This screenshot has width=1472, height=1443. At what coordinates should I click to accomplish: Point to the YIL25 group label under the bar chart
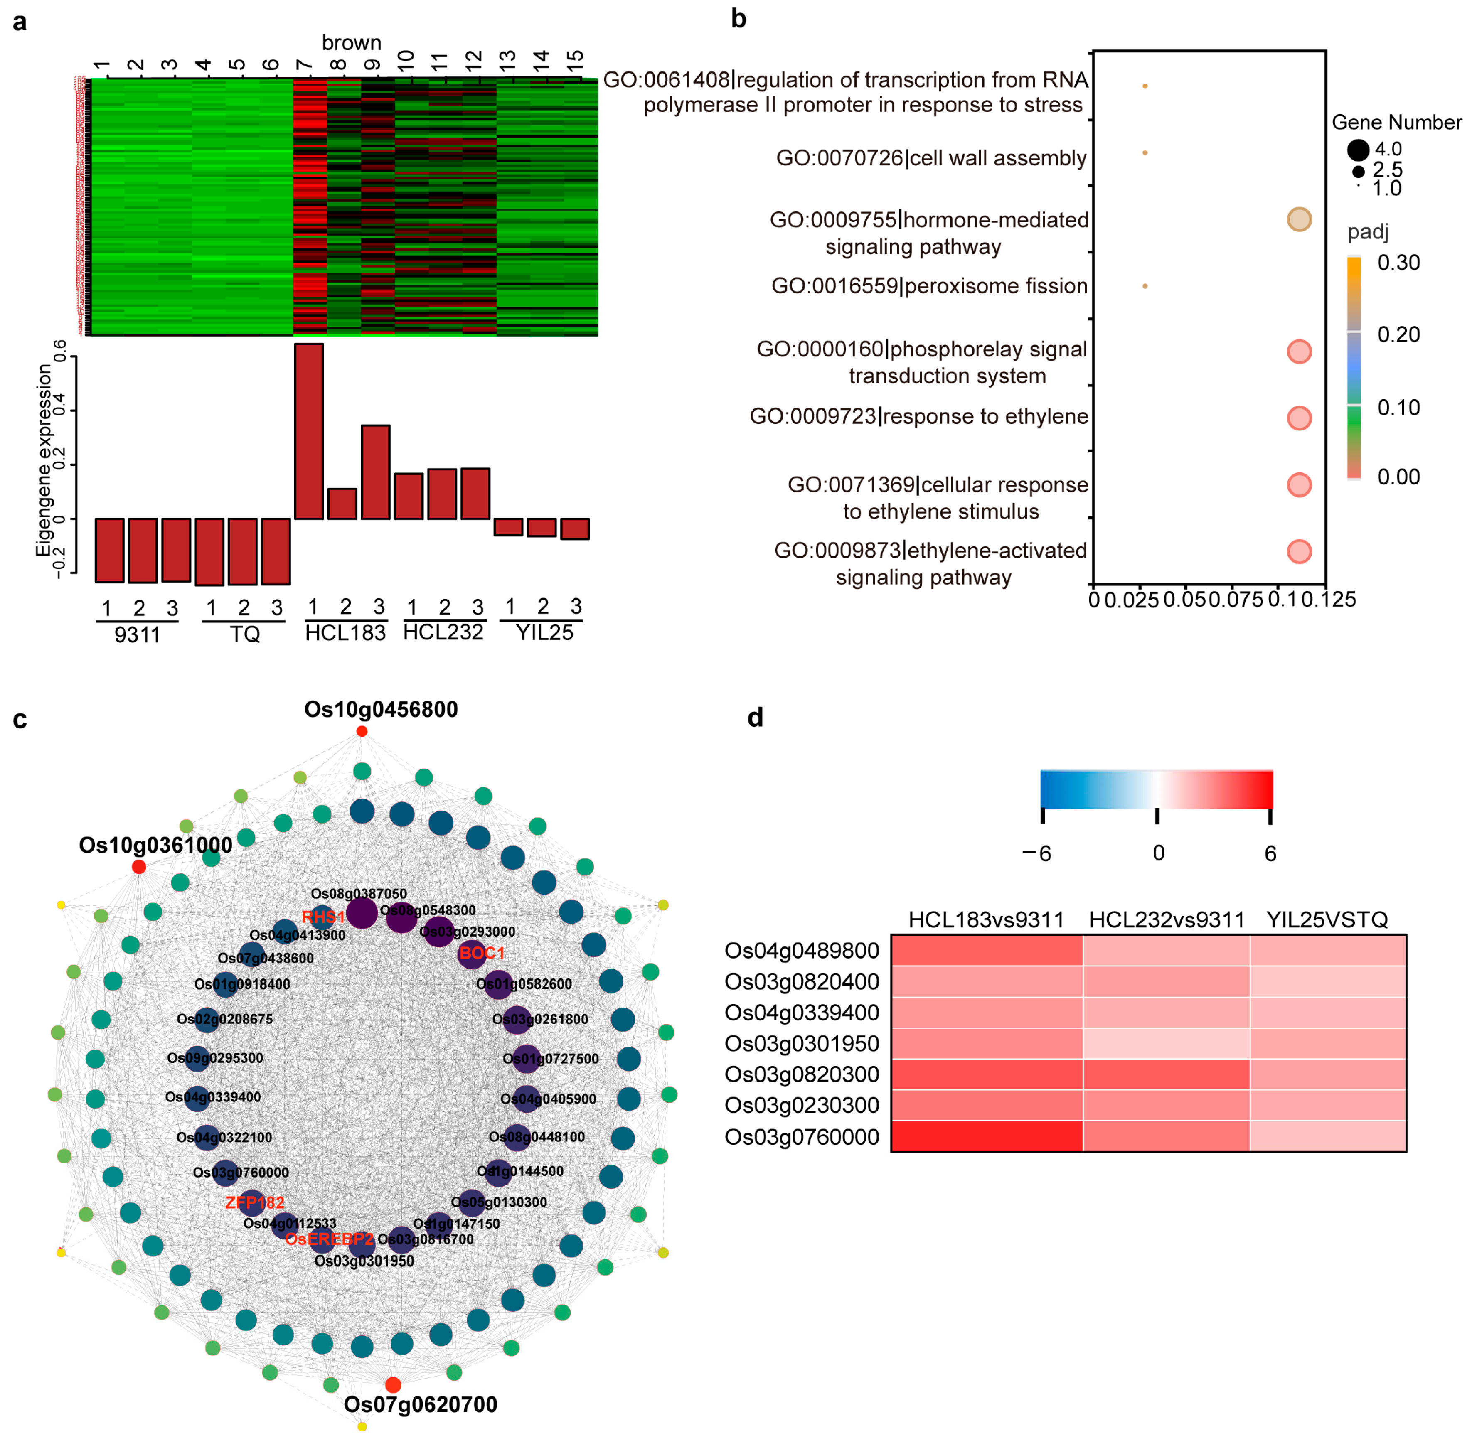tap(544, 633)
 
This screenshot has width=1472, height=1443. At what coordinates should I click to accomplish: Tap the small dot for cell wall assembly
tap(1145, 153)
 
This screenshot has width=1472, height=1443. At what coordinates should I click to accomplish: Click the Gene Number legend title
tap(1396, 122)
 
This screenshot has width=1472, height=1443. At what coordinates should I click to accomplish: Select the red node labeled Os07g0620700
tap(393, 1385)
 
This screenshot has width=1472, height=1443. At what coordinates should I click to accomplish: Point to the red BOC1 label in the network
tap(481, 953)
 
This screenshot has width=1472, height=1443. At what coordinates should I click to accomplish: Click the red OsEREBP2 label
tap(329, 1239)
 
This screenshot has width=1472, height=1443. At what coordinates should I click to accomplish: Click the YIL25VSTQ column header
tap(1327, 920)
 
